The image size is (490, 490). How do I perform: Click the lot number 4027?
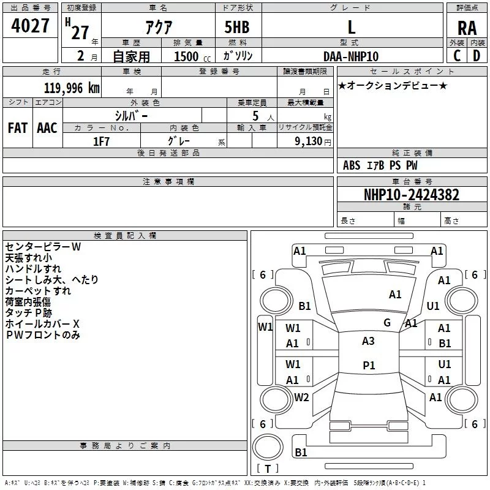point(31,27)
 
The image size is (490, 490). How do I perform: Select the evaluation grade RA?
point(467,28)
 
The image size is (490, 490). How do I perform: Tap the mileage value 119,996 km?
point(72,88)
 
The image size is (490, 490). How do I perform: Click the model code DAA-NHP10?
point(351,56)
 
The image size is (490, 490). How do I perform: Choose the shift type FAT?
point(17,128)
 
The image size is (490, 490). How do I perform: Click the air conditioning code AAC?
point(47,128)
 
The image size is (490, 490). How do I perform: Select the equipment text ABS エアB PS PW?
point(380,165)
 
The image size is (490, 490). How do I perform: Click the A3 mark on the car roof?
point(368,341)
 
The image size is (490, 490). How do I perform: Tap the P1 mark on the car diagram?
point(368,365)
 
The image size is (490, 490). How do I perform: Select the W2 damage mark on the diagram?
point(301,397)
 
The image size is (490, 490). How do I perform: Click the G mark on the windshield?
point(387,323)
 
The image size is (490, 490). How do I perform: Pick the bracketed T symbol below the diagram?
point(268,469)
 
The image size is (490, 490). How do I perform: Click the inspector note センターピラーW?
point(43,246)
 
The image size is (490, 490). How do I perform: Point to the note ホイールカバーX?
point(42,323)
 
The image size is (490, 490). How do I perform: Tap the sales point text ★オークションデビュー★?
point(393,85)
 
